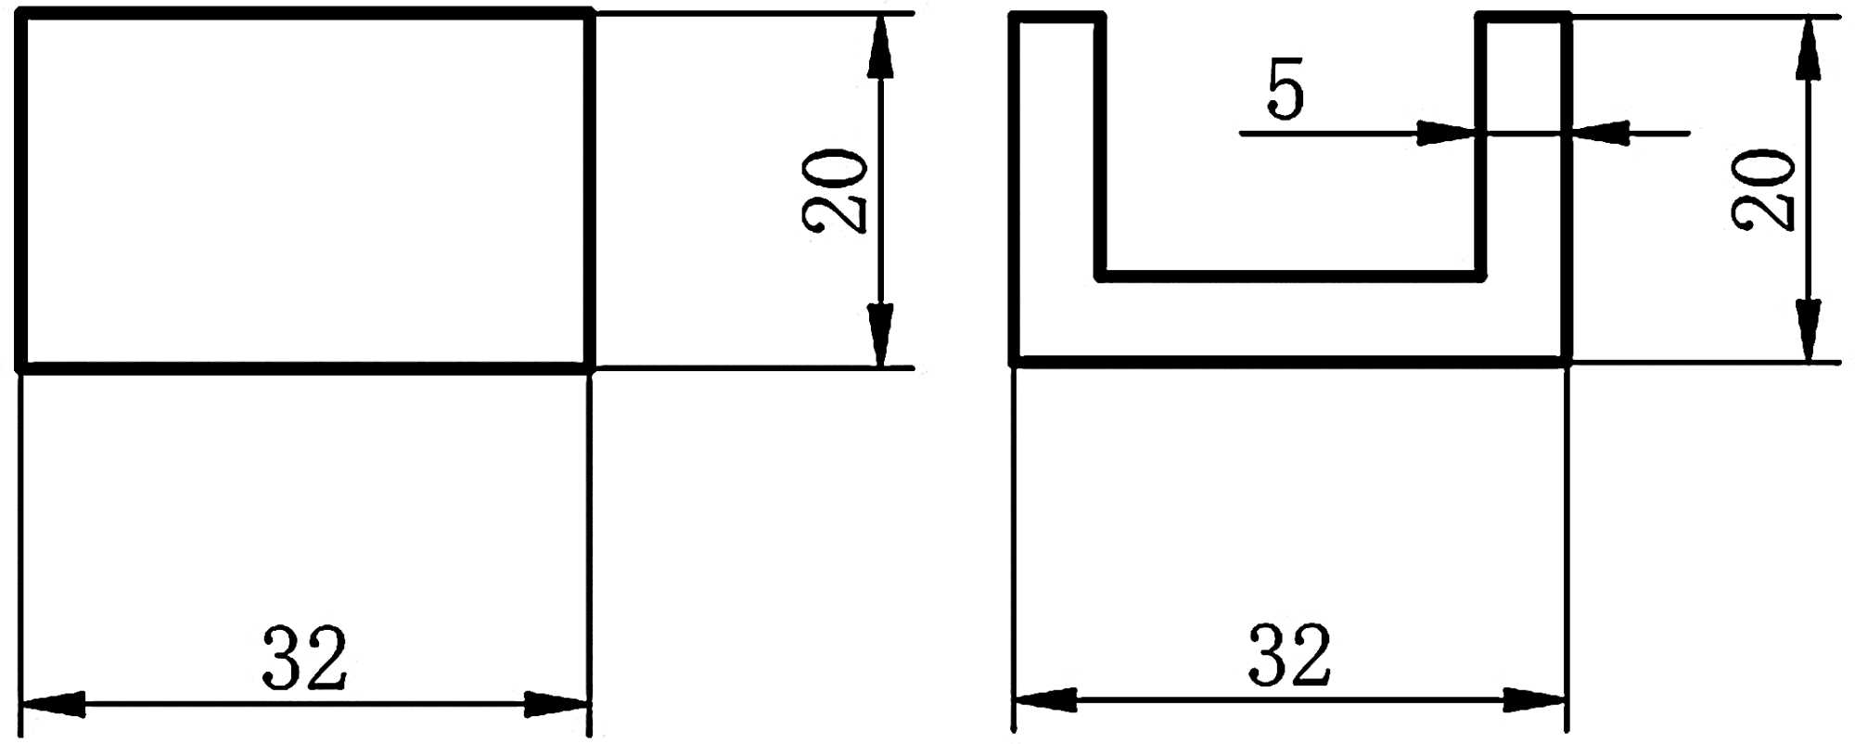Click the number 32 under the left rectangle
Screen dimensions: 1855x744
(x=305, y=658)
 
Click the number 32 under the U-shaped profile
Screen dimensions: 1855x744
(x=1289, y=655)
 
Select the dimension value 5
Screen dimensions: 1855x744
(x=1286, y=89)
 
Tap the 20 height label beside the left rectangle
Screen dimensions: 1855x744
(x=835, y=190)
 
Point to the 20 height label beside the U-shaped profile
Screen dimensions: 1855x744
(x=1763, y=190)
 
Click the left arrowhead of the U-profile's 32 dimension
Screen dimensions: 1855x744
(x=1045, y=699)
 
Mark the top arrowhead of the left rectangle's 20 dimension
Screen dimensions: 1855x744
(x=880, y=46)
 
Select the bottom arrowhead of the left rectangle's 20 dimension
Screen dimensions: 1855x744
(x=880, y=334)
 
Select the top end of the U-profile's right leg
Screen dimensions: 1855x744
(x=1523, y=17)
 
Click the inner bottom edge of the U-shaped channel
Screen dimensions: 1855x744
(x=1289, y=276)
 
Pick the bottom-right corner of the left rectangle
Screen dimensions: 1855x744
(x=589, y=367)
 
